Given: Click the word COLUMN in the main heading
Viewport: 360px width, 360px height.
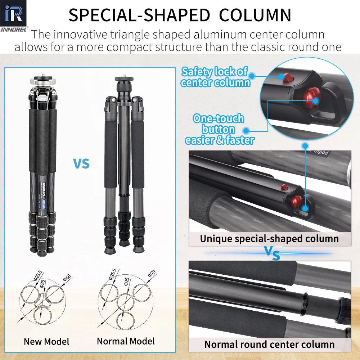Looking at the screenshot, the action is pyautogui.click(x=255, y=15).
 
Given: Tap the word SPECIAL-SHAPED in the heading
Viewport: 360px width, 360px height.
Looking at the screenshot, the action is pyautogui.click(x=139, y=15).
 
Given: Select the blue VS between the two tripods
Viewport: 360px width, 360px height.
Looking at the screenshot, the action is pyautogui.click(x=81, y=163).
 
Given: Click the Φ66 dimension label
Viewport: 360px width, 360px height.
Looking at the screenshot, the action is pyautogui.click(x=67, y=278).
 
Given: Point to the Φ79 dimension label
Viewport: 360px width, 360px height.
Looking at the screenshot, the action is pyautogui.click(x=152, y=274).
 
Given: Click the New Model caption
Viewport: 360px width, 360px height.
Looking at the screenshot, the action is pyautogui.click(x=46, y=342).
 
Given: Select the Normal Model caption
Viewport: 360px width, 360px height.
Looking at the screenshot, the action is pyautogui.click(x=126, y=341).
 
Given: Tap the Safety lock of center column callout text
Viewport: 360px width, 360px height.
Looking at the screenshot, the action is pyautogui.click(x=215, y=77).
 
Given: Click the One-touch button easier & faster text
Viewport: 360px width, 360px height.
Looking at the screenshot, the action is pyautogui.click(x=220, y=129).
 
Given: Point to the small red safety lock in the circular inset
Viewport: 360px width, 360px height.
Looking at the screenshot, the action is pyautogui.click(x=287, y=78).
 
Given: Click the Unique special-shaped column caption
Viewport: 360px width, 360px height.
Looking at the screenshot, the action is pyautogui.click(x=269, y=239).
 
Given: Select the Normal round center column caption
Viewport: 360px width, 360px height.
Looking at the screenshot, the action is pyautogui.click(x=270, y=345).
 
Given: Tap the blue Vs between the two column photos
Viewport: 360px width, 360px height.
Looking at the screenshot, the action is pyautogui.click(x=272, y=253).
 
